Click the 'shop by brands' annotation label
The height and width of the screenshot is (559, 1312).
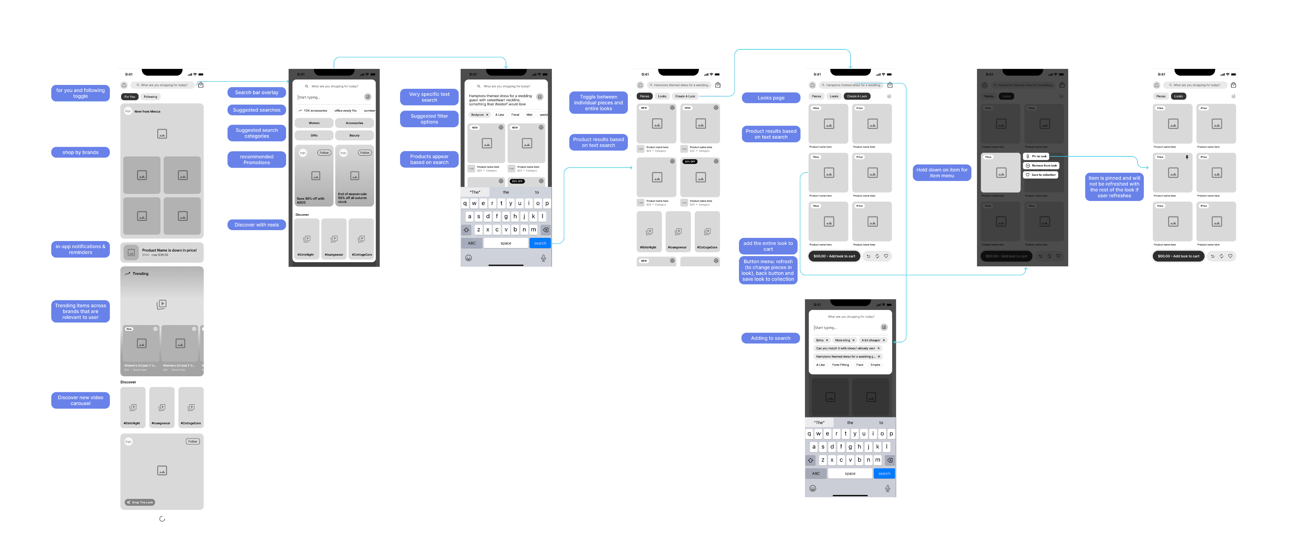tap(80, 152)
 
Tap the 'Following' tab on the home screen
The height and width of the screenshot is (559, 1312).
tap(150, 97)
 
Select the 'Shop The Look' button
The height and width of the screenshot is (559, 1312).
tap(140, 503)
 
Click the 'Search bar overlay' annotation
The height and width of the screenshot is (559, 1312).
tap(257, 93)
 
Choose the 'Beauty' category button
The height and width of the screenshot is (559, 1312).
tap(355, 136)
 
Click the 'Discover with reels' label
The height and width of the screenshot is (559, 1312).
tap(257, 225)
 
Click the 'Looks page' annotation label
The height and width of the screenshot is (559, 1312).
tap(771, 98)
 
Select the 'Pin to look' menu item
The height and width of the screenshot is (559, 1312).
tap(1037, 156)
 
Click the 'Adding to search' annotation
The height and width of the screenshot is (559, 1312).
tap(771, 338)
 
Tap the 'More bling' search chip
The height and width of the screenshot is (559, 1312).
tap(843, 340)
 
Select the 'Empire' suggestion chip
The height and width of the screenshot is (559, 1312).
tap(875, 365)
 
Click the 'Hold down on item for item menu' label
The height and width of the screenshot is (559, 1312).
tap(942, 173)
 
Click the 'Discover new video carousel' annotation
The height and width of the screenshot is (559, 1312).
tap(80, 401)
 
